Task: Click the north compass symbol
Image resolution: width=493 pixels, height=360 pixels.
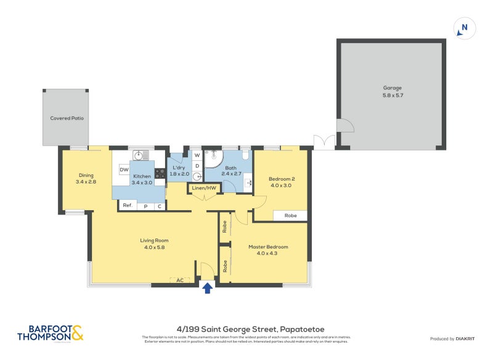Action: [465, 28]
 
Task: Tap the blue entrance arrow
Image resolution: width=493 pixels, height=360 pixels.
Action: [207, 287]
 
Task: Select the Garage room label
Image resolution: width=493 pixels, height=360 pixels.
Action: [392, 88]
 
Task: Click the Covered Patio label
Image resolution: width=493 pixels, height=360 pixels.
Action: [67, 118]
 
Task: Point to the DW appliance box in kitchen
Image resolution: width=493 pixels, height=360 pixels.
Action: [124, 170]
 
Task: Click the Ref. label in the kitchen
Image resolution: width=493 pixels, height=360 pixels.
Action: [128, 205]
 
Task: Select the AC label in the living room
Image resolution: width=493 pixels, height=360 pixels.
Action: [180, 280]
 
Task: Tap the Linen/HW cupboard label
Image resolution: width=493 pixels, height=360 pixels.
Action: [204, 187]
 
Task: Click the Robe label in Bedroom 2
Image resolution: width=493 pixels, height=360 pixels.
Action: [290, 216]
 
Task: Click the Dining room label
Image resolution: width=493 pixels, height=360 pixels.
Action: [86, 174]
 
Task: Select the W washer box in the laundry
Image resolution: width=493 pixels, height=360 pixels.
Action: [197, 155]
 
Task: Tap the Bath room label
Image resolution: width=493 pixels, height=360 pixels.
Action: [230, 168]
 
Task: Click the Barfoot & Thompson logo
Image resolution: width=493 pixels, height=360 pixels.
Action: [51, 333]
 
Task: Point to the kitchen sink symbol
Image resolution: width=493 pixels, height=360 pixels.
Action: [140, 155]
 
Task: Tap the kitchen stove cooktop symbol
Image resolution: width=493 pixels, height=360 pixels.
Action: [159, 173]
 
